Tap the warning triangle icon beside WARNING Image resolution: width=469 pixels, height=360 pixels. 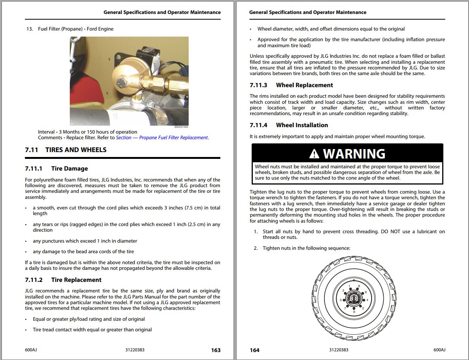click(314, 154)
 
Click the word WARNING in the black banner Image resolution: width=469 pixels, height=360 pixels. click(354, 154)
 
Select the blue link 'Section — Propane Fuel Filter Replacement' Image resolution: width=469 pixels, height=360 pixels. click(162, 138)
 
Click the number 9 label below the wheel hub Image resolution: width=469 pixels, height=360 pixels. click(354, 312)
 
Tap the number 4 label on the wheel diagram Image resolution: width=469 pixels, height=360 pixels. click(367, 300)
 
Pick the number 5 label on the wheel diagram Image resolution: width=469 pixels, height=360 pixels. click(341, 300)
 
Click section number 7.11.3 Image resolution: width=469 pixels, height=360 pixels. click(258, 85)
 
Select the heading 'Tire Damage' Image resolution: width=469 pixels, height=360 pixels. click(69, 169)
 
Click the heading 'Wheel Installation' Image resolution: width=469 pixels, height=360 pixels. click(302, 125)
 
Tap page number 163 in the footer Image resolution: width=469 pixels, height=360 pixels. click(216, 350)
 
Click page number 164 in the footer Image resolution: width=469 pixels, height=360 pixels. click(255, 350)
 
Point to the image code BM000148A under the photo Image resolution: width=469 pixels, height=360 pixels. click(181, 127)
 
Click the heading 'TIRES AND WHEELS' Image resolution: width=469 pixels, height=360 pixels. click(76, 150)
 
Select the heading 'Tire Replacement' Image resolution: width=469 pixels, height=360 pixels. click(76, 280)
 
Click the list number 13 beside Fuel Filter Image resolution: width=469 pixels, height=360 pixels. click(29, 29)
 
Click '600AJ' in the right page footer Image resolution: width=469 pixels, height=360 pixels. click(439, 350)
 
